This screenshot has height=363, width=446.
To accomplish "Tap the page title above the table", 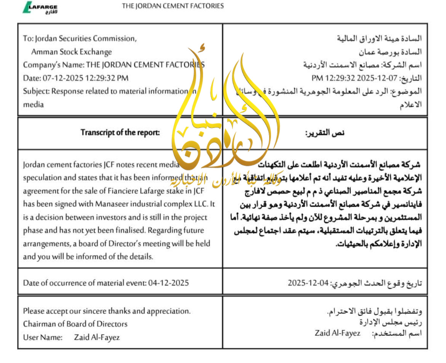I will tap(173, 6).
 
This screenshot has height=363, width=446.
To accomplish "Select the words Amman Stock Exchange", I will tap(72, 52).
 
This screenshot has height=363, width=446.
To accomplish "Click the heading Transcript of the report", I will tap(120, 133).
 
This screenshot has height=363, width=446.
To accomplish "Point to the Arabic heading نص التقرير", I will tap(325, 133).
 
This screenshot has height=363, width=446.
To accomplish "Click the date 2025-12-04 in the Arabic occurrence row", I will tap(308, 283).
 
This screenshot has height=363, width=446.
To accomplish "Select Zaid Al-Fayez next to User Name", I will tap(97, 337).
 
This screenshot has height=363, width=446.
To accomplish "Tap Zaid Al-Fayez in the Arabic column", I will tap(337, 333).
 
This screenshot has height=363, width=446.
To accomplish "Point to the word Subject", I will tap(36, 91).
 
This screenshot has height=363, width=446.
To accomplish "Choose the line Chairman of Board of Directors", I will tap(75, 324).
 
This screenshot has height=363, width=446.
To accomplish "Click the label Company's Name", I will tap(53, 65).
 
